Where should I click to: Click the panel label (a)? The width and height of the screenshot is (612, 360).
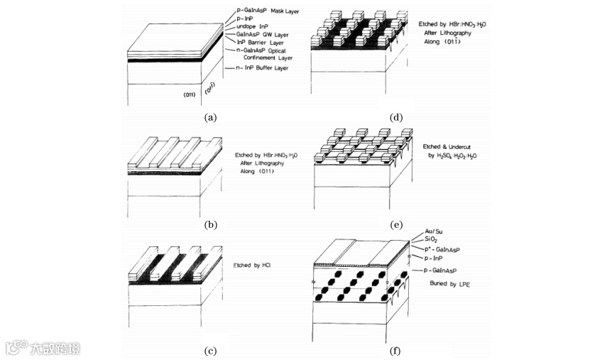tap(209, 118)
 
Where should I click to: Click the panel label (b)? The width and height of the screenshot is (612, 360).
tap(209, 225)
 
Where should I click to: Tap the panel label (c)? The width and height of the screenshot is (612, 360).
tap(209, 350)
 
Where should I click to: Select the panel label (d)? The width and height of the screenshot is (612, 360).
tap(396, 118)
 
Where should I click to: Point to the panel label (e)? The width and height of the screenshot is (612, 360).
tap(396, 225)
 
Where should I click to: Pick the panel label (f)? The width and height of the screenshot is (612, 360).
tap(396, 350)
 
